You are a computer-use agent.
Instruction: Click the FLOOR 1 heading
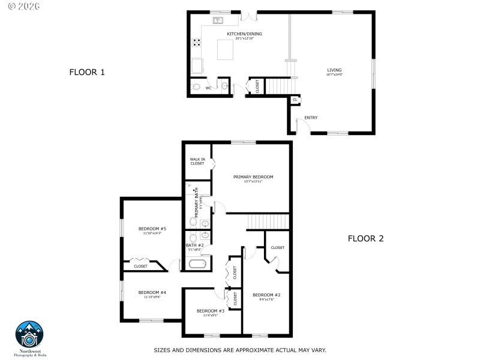click(x=87, y=73)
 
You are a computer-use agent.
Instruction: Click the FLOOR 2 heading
click(x=365, y=238)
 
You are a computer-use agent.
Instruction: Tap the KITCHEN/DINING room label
click(x=244, y=34)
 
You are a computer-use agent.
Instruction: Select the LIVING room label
click(x=334, y=71)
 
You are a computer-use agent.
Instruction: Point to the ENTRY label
click(x=311, y=118)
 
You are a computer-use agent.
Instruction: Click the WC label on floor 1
click(x=209, y=88)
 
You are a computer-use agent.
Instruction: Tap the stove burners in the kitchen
click(x=196, y=43)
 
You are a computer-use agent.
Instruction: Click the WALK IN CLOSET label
click(x=197, y=161)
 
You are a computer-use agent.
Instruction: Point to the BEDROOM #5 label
click(x=152, y=229)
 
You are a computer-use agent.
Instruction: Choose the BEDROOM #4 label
click(x=152, y=293)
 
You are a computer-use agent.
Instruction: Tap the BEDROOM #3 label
click(x=210, y=311)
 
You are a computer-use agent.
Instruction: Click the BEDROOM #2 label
click(x=266, y=295)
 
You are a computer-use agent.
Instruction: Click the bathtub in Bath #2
click(x=198, y=263)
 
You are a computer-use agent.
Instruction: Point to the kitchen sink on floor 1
click(x=217, y=20)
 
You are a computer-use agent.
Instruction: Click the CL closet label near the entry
click(x=295, y=100)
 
